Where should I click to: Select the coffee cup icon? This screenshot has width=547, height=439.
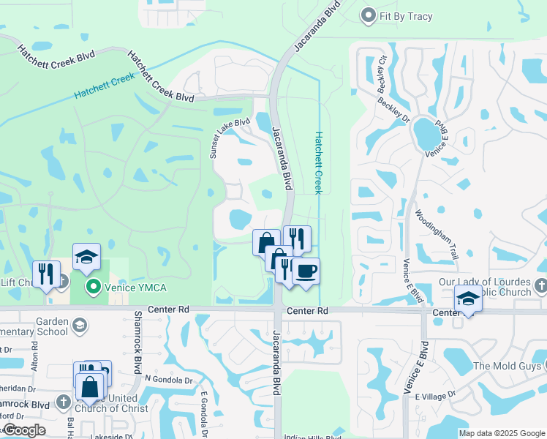coord(306,271)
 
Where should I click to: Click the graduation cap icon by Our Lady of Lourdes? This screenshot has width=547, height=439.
coord(468,299)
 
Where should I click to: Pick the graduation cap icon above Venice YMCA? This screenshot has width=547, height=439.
coord(86,256)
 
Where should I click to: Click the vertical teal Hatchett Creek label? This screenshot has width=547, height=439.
coord(318,162)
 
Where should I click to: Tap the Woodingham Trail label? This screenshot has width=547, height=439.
coord(436,235)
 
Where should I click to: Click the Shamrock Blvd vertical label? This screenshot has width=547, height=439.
coord(137,342)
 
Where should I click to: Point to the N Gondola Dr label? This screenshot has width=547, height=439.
coord(167,379)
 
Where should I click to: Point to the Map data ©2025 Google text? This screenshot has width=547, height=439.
coord(501,433)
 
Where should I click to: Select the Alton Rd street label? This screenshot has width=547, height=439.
coord(34,358)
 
